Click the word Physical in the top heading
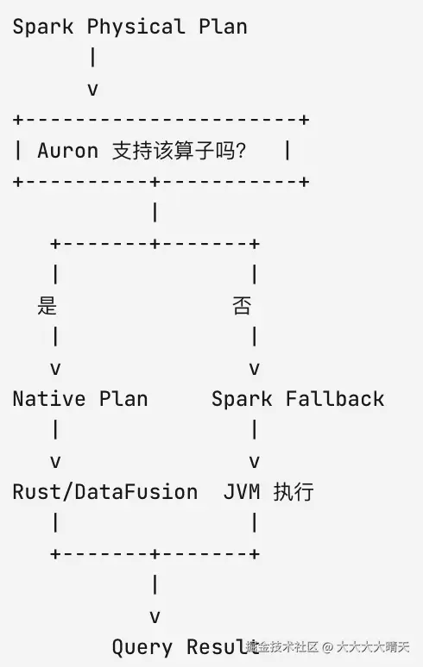pyautogui.click(x=136, y=28)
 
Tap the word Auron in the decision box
pyautogui.click(x=68, y=151)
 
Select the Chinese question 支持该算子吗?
pyautogui.click(x=180, y=151)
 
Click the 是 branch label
pyautogui.click(x=47, y=306)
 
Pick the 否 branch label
pyautogui.click(x=242, y=306)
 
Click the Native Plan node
pyautogui.click(x=80, y=399)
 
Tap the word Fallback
pyautogui.click(x=335, y=399)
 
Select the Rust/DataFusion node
pyautogui.click(x=105, y=492)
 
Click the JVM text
pyautogui.click(x=242, y=492)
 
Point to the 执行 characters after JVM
pyautogui.click(x=294, y=492)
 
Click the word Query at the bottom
pyautogui.click(x=142, y=647)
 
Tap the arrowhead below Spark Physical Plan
pyautogui.click(x=93, y=90)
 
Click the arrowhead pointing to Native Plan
pyautogui.click(x=55, y=368)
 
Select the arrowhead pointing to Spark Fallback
pyautogui.click(x=255, y=368)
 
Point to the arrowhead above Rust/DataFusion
pyautogui.click(x=55, y=462)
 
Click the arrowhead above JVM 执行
pyautogui.click(x=255, y=462)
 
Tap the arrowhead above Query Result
pyautogui.click(x=155, y=617)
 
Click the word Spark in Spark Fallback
pyautogui.click(x=242, y=400)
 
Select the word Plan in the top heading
pyautogui.click(x=224, y=28)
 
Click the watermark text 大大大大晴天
pyautogui.click(x=373, y=647)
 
